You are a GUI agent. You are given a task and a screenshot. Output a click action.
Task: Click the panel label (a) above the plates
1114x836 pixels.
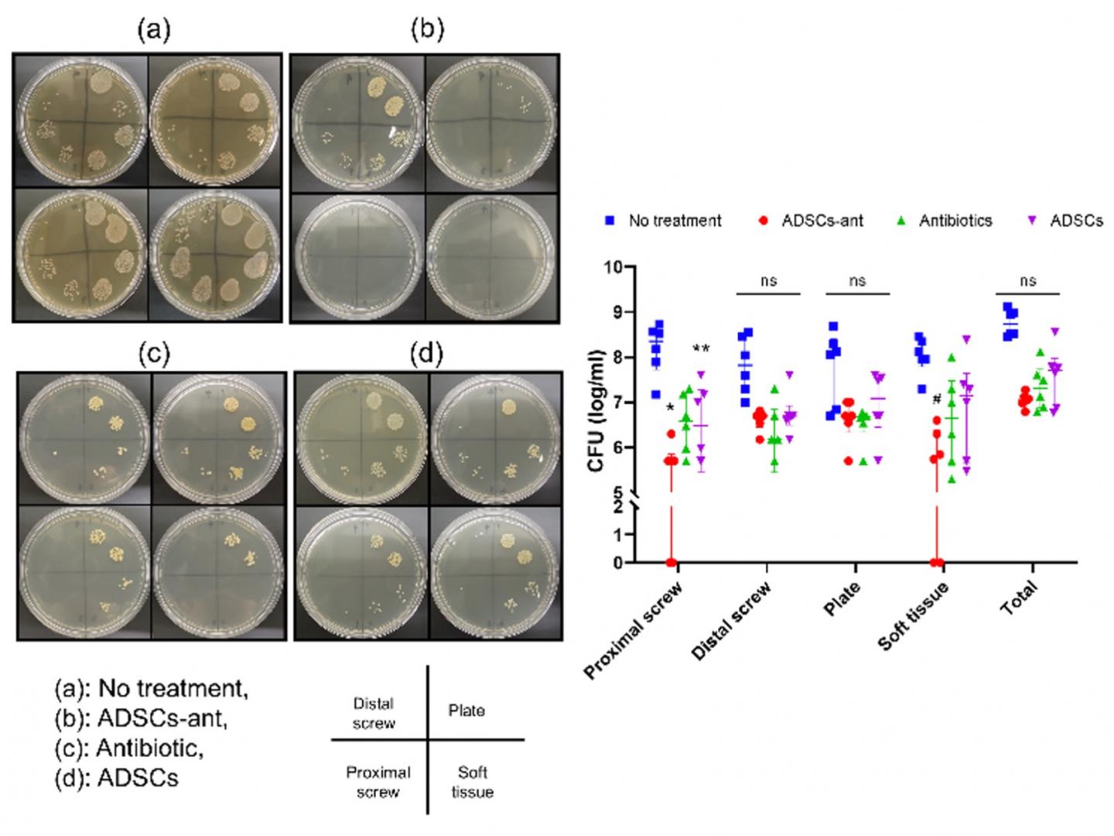(154, 30)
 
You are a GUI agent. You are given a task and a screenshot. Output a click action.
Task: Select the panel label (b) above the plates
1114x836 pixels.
(427, 30)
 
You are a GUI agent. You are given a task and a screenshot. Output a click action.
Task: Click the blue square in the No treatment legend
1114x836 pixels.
(610, 221)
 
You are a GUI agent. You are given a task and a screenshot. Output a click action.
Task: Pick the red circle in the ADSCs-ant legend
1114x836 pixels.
(764, 221)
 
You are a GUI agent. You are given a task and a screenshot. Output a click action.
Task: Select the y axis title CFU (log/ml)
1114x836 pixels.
(596, 414)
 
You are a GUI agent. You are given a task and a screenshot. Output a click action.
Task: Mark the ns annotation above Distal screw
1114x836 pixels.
(768, 281)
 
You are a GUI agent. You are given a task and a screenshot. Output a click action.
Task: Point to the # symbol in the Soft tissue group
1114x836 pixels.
(937, 399)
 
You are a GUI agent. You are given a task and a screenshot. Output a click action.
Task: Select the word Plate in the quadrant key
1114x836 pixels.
(466, 711)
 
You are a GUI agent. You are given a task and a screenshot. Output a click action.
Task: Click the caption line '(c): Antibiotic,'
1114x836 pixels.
(129, 749)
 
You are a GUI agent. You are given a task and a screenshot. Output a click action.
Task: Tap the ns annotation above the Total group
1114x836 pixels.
(1027, 281)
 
